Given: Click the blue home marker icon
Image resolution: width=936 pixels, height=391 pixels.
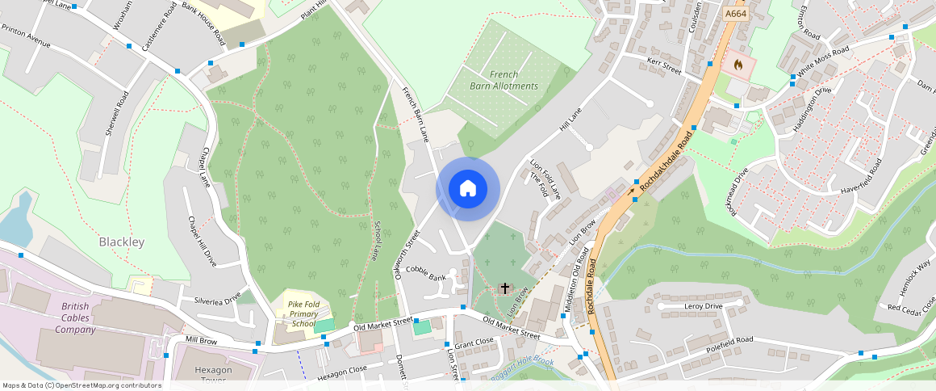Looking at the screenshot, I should coord(468,189).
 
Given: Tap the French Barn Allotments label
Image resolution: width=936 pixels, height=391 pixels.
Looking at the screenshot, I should coord(504,80).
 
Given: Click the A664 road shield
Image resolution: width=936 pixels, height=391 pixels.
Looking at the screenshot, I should coord(735,15).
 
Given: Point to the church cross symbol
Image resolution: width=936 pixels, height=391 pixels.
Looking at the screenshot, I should coord(505,288).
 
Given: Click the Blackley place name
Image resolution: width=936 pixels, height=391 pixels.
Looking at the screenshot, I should coord(121,242).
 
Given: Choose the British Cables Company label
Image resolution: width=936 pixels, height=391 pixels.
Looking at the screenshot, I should coord(81,318).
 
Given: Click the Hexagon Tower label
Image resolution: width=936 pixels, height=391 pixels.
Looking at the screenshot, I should coord(213,375).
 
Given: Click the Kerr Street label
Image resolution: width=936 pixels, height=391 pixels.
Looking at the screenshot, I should coord(664,66).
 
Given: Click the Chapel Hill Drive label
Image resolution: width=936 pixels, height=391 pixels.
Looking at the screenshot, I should coord(202,242).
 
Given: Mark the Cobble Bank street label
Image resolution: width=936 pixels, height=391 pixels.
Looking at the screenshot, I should coord(425,272).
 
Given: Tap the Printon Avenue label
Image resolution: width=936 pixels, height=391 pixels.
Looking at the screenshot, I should coord(26,39).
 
